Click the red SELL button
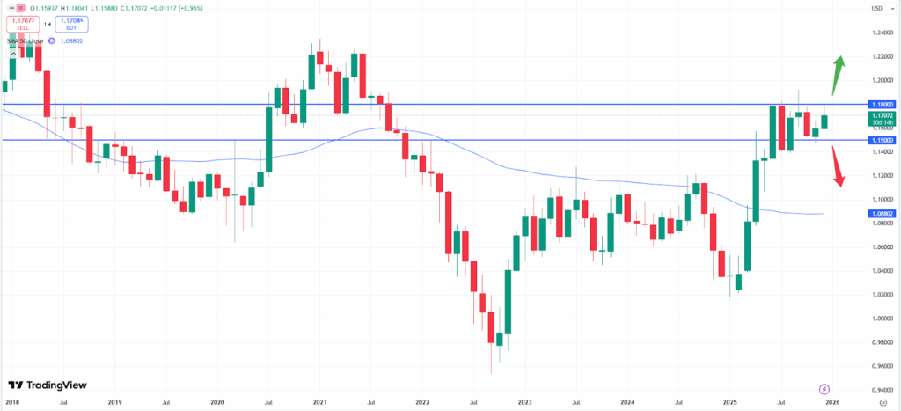click(x=23, y=23)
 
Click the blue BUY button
click(x=72, y=23)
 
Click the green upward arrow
click(x=839, y=75)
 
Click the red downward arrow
click(x=839, y=167)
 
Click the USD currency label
click(x=876, y=8)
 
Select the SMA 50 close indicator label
click(x=26, y=40)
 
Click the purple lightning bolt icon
click(x=824, y=388)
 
